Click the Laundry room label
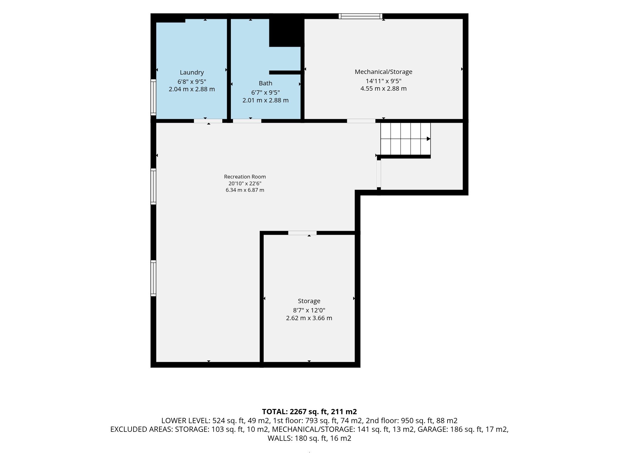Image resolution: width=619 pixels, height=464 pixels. click(192, 72)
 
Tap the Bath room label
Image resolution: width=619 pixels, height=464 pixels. click(266, 83)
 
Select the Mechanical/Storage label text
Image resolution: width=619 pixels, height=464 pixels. click(383, 72)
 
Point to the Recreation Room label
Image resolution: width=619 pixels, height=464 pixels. click(245, 177)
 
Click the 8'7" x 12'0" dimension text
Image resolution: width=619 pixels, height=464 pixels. click(309, 310)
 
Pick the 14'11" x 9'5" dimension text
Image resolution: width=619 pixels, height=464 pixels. click(383, 81)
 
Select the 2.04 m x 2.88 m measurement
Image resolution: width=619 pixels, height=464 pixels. click(192, 89)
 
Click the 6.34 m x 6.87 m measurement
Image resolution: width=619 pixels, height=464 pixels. click(245, 190)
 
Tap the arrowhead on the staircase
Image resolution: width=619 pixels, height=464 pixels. click(429, 139)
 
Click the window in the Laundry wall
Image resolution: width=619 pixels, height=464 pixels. click(153, 97)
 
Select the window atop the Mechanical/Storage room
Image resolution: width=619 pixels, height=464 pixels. click(360, 16)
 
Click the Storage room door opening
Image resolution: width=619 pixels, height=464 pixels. click(302, 233)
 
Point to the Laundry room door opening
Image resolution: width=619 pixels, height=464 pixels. click(208, 121)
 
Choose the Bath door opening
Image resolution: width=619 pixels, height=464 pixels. click(247, 121)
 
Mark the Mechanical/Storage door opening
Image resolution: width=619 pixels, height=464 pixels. click(361, 121)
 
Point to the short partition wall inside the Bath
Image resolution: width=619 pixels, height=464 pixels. click(285, 72)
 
